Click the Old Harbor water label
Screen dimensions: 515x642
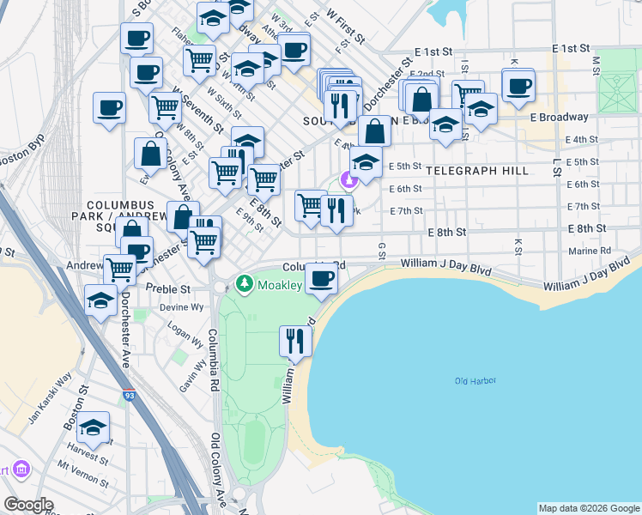[475, 380]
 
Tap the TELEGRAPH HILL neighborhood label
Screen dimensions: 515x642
[477, 171]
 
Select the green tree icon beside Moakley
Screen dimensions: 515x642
[245, 282]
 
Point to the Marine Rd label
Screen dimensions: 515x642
[593, 251]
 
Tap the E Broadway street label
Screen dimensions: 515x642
[559, 117]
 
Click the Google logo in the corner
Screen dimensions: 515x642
[27, 504]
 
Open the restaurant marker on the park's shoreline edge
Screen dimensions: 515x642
[294, 341]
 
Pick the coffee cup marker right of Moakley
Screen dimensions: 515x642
[322, 278]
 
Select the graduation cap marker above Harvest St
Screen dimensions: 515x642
[93, 427]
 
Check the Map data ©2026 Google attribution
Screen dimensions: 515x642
[589, 508]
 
